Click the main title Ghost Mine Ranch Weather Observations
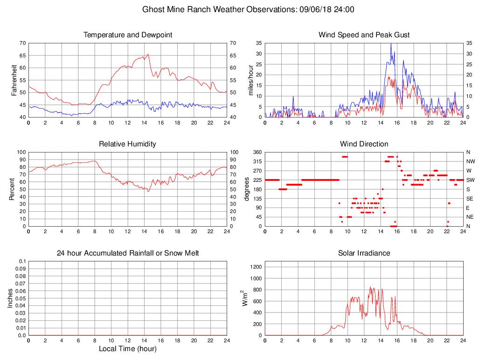(x=248, y=9)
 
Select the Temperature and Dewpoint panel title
(x=128, y=35)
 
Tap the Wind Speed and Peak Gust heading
(x=364, y=35)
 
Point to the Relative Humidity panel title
(x=128, y=144)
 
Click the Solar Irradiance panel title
(x=364, y=253)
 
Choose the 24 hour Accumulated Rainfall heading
(x=128, y=253)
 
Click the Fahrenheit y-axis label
(x=14, y=80)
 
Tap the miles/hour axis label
(x=250, y=80)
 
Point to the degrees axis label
(x=247, y=189)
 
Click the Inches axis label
(x=11, y=298)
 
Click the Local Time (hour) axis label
(x=128, y=349)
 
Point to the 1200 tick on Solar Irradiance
(x=256, y=267)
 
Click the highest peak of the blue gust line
(x=391, y=43)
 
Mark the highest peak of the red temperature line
(x=148, y=55)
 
